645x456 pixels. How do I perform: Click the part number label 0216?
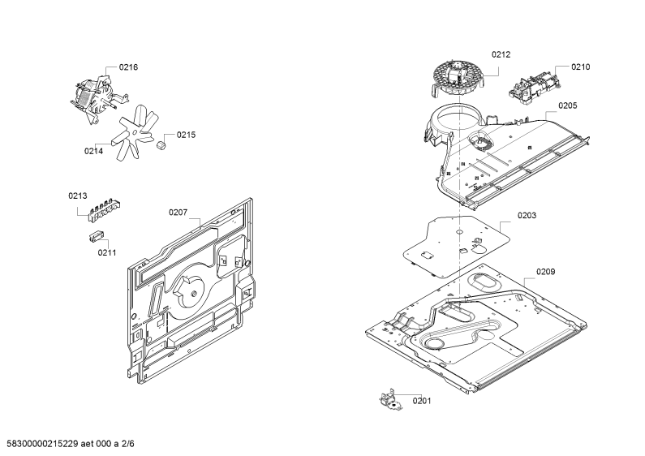click(x=128, y=67)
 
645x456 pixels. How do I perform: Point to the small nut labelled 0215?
click(x=161, y=146)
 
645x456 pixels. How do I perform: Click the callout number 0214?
click(x=94, y=151)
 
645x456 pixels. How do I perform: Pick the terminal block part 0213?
click(x=105, y=209)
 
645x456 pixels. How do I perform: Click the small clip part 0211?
click(x=97, y=237)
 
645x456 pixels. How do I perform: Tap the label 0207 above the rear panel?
click(x=178, y=213)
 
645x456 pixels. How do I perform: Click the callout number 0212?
click(x=501, y=54)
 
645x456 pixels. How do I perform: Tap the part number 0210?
click(x=580, y=67)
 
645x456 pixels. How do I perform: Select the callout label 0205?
click(x=568, y=105)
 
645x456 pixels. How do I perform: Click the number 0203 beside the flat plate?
click(x=527, y=215)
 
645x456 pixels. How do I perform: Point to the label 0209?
click(x=545, y=272)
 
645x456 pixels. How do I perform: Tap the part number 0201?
click(x=422, y=401)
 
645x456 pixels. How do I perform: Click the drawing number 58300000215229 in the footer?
click(x=42, y=444)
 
